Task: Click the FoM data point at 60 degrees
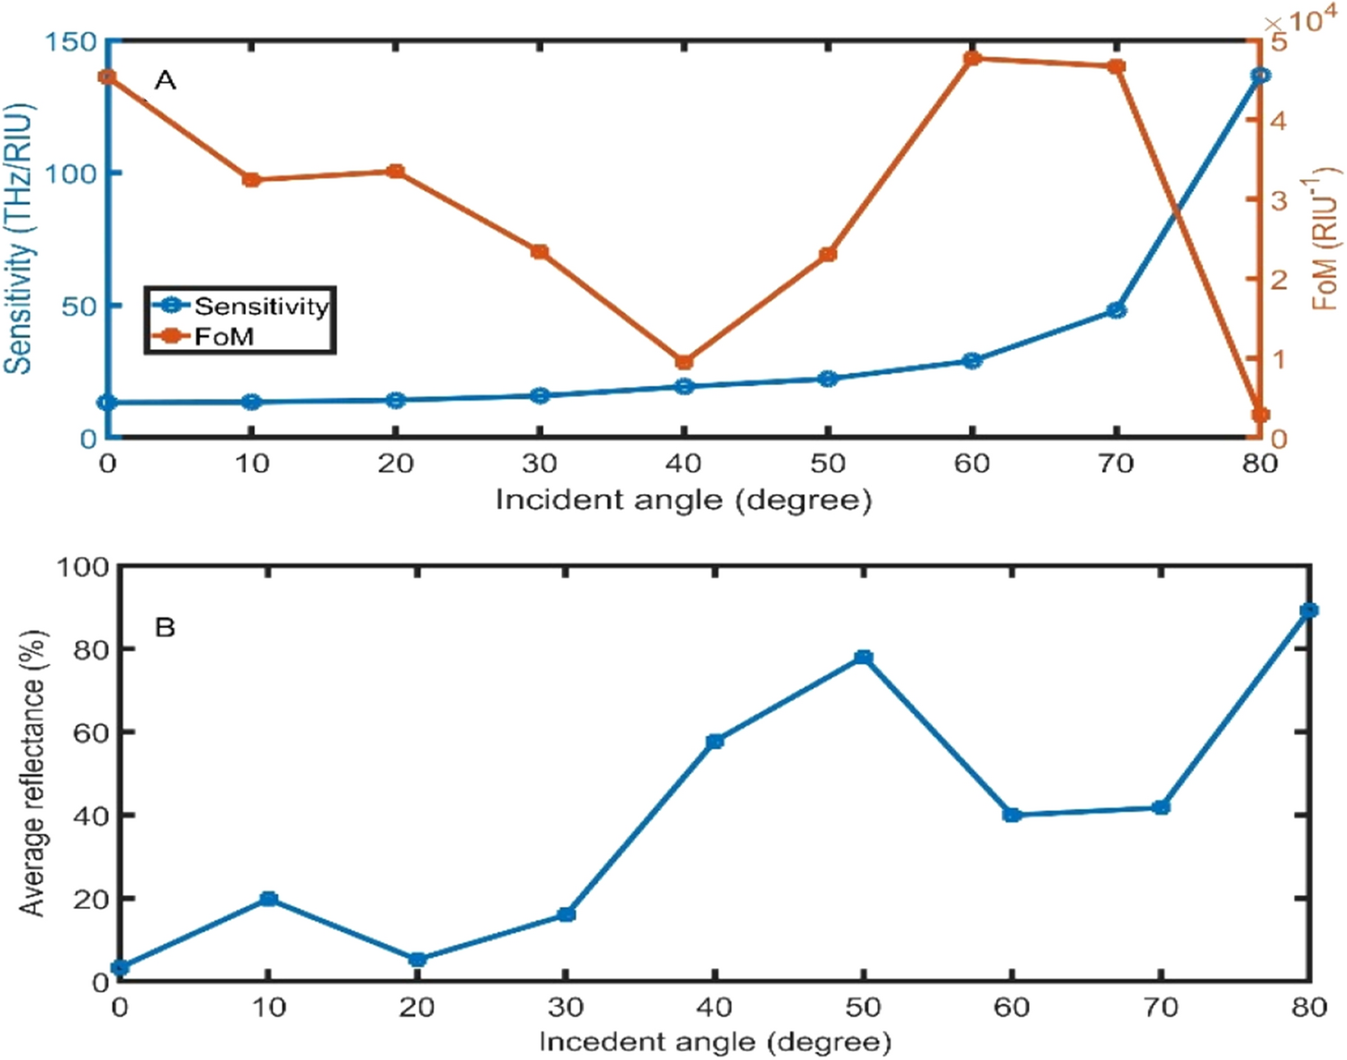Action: [x=972, y=59]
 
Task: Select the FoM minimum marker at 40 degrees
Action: [x=684, y=363]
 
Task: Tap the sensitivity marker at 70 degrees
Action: [x=1117, y=310]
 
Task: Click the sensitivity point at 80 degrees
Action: [x=1261, y=76]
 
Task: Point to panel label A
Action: [x=166, y=81]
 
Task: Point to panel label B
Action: [x=166, y=627]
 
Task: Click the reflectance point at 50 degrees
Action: [x=864, y=658]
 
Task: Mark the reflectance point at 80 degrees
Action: [x=1309, y=611]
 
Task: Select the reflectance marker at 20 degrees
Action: [x=417, y=960]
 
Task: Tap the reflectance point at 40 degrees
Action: [x=715, y=741]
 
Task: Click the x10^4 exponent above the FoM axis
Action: [x=1301, y=20]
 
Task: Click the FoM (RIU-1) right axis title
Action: [x=1325, y=238]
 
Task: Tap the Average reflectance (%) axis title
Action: [x=32, y=774]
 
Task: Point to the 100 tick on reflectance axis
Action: [x=83, y=567]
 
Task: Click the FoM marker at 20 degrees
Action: [x=395, y=172]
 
